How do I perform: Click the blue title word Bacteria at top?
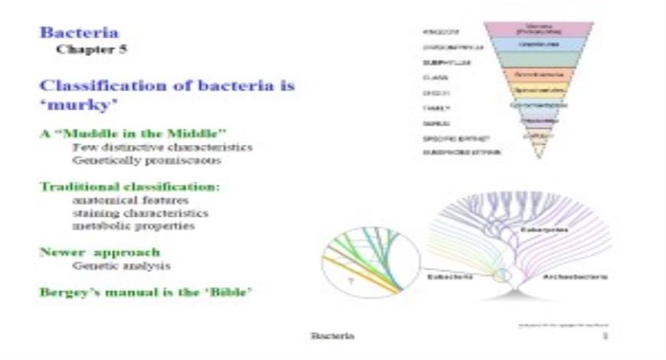point(79,34)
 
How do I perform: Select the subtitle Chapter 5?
point(91,51)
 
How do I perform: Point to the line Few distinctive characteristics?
point(162,147)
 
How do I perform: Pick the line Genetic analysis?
point(121,266)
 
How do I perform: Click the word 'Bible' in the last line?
point(225,292)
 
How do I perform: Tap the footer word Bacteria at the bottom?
point(331,335)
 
